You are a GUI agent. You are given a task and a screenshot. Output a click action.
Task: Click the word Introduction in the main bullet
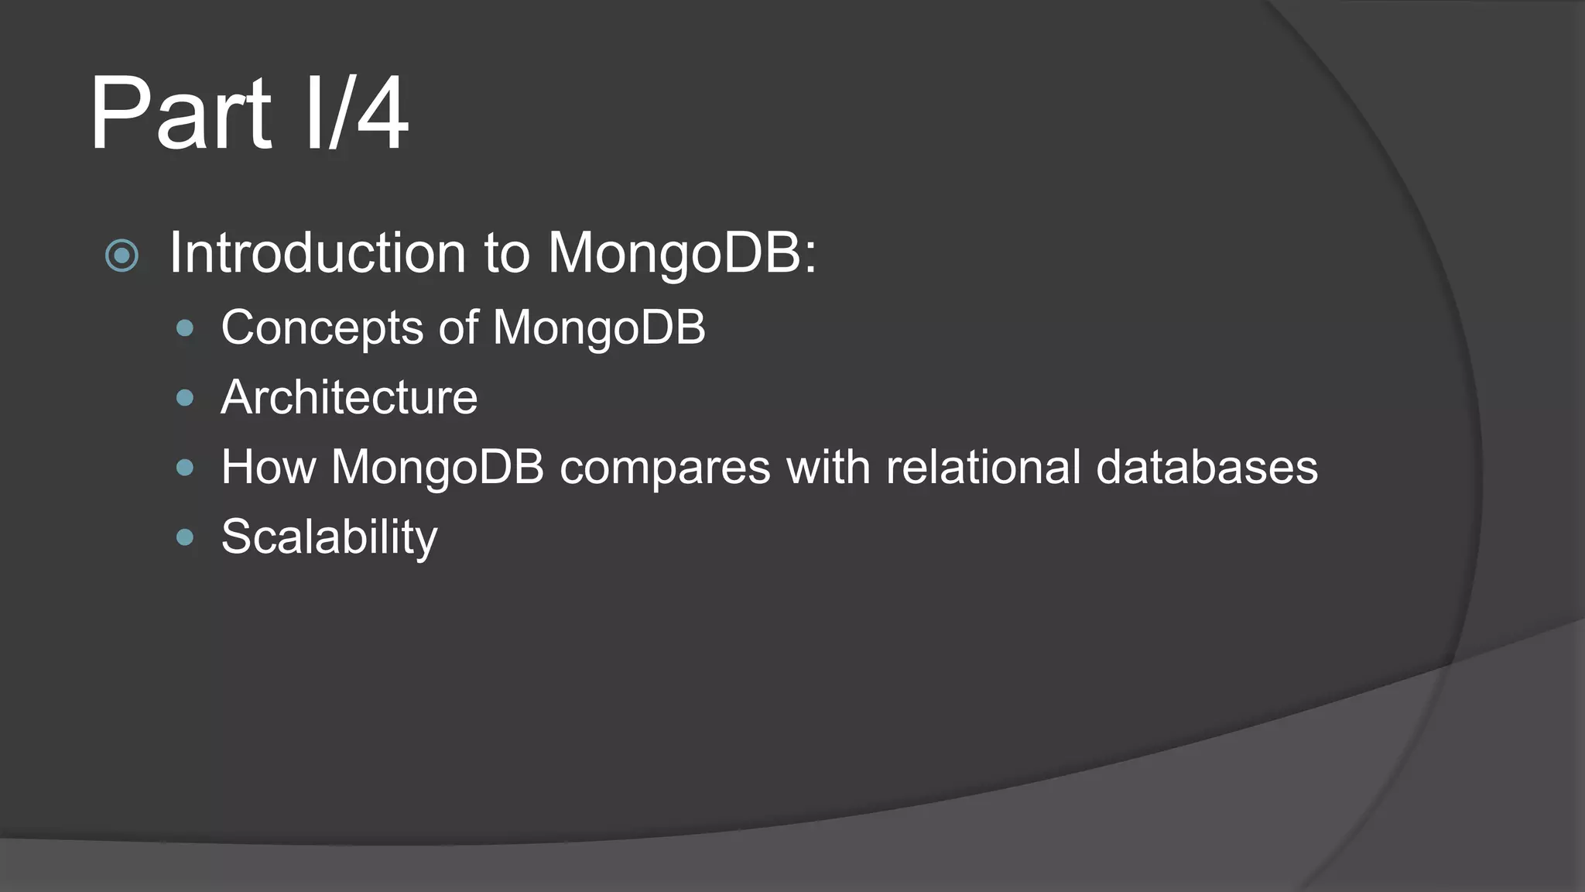tap(317, 252)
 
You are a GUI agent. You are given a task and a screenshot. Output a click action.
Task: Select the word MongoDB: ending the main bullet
tap(682, 252)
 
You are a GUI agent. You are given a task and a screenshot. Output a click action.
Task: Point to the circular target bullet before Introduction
tap(122, 256)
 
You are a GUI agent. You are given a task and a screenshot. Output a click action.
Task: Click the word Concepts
tap(322, 327)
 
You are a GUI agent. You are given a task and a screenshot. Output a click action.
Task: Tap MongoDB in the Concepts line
tap(599, 327)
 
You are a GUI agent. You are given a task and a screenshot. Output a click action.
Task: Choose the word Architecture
tap(349, 397)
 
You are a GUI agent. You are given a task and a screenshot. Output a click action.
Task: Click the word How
tap(269, 467)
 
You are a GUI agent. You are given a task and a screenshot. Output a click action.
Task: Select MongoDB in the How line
tap(437, 467)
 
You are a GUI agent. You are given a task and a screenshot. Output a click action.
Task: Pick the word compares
tap(665, 467)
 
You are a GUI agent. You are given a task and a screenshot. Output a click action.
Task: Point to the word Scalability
tap(329, 537)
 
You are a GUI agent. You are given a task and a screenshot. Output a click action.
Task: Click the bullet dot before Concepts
tap(184, 328)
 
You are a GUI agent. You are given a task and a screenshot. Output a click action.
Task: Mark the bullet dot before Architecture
tap(184, 398)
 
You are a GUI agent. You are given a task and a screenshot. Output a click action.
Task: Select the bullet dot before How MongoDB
tap(184, 468)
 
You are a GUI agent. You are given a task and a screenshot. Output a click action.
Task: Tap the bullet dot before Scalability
tap(184, 537)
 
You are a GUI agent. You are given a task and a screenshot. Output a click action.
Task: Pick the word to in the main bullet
tap(507, 252)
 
